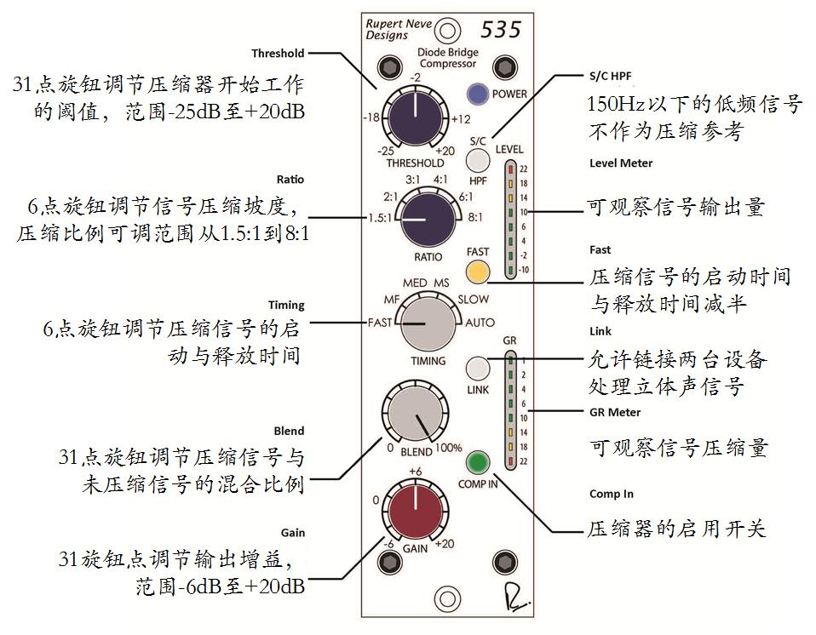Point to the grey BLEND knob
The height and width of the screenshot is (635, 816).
412,415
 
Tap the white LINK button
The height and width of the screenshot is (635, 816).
478,368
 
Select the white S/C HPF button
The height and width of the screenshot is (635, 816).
479,158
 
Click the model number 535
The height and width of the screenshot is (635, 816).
502,28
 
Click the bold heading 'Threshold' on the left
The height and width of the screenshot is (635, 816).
279,53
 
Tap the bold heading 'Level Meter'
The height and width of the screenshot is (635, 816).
621,163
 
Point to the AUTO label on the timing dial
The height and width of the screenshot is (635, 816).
480,323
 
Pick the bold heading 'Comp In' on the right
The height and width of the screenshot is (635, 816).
612,494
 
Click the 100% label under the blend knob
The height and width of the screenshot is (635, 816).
448,448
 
